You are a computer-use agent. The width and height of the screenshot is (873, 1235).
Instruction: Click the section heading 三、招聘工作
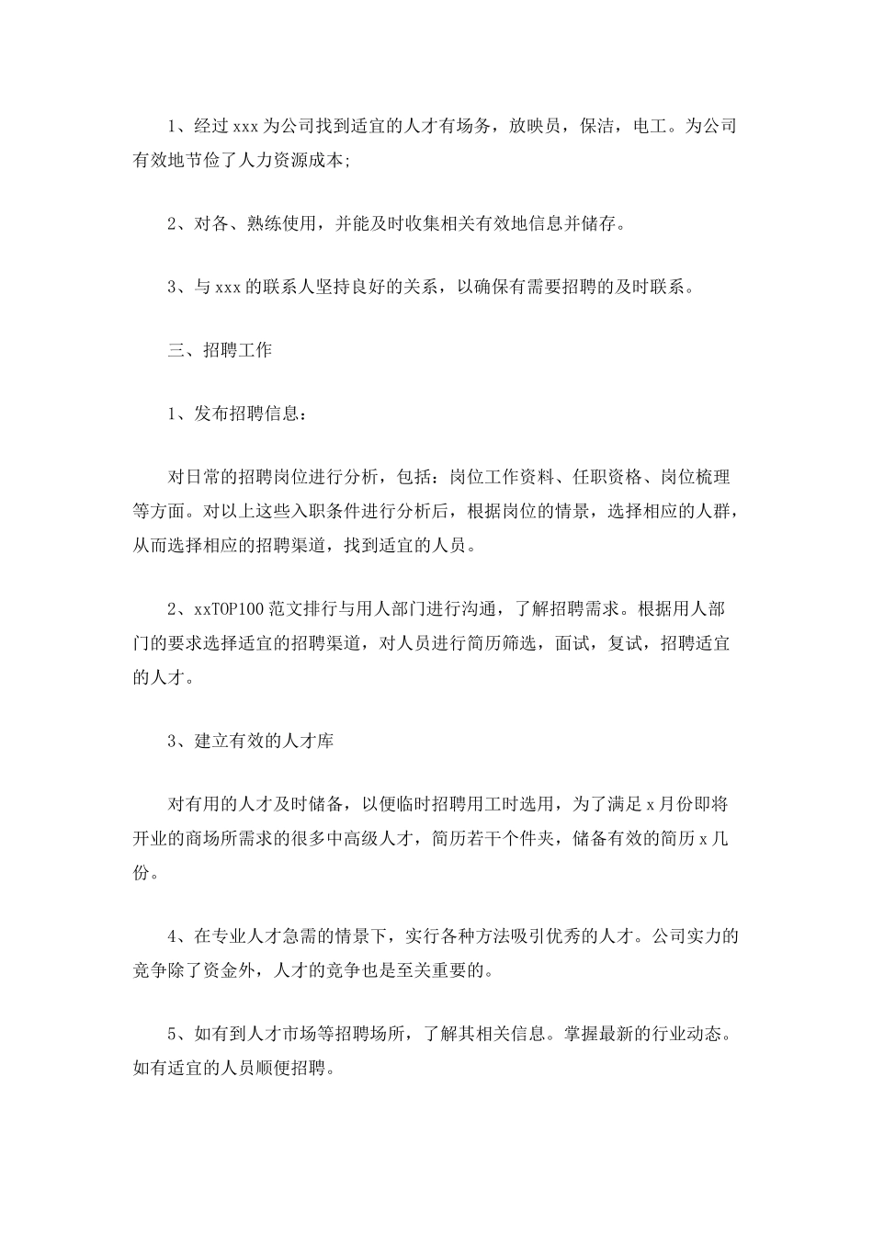pos(221,350)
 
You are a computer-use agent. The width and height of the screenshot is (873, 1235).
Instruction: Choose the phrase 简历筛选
pos(503,643)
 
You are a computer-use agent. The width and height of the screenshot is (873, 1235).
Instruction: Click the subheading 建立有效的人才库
pos(265,741)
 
